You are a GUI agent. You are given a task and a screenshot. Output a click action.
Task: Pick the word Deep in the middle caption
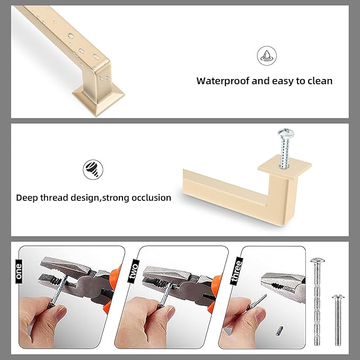[27, 198]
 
